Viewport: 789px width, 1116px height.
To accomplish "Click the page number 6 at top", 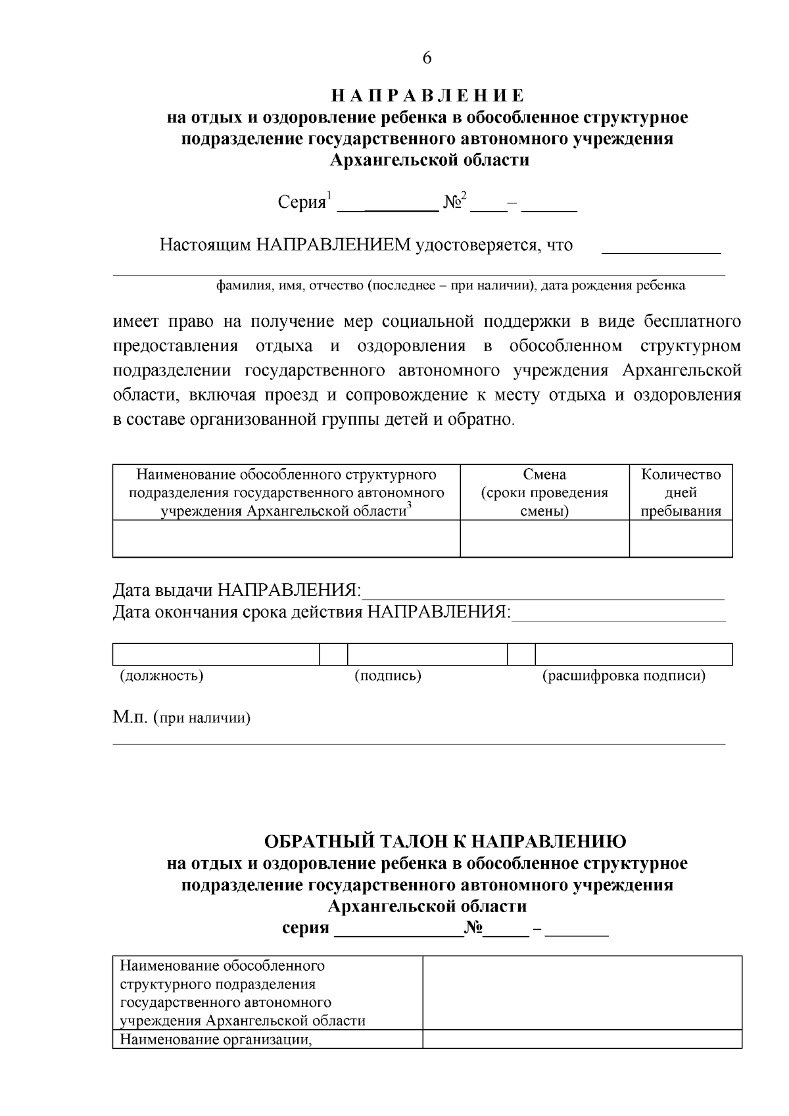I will [x=427, y=59].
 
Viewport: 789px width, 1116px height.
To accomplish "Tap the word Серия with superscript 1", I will [x=302, y=203].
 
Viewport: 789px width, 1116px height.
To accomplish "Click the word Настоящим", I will [x=205, y=245].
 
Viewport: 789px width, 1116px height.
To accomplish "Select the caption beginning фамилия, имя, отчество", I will [x=450, y=285].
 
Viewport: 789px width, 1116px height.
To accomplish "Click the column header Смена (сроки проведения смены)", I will [x=544, y=493].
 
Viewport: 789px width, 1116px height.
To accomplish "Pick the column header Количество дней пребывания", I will [x=681, y=493].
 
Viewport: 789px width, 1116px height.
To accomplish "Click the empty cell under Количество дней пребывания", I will [x=681, y=539].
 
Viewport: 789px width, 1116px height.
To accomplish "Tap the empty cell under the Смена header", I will [x=544, y=539].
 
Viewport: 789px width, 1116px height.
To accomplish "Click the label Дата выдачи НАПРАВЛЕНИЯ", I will [x=237, y=590].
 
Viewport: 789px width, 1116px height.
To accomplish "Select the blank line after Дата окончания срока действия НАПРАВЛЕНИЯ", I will [x=618, y=614].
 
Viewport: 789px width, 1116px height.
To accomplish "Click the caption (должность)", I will [x=161, y=675].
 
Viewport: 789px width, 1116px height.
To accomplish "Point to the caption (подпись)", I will [x=388, y=675].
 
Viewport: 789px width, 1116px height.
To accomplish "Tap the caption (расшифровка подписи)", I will [x=623, y=675].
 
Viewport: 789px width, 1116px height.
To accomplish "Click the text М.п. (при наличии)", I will [x=181, y=717].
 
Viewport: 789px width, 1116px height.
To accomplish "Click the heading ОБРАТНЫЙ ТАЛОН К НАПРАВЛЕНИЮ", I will [x=445, y=841].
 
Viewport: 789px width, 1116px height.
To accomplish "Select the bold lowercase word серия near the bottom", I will [x=305, y=928].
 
